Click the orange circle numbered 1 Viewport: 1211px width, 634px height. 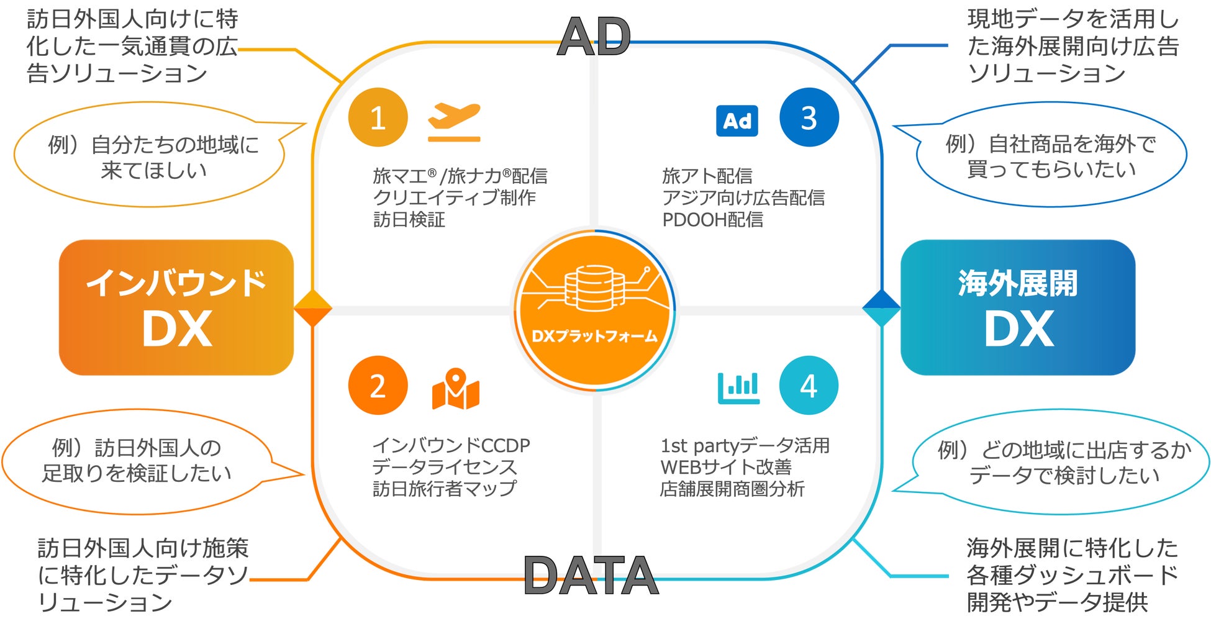(x=378, y=117)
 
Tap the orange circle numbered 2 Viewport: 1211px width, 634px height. (x=378, y=386)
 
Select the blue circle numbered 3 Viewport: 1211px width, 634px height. (x=809, y=117)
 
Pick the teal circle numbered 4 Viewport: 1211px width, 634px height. (x=809, y=386)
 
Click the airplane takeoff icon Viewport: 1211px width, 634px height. (x=454, y=121)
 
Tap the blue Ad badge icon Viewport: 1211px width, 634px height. (x=737, y=121)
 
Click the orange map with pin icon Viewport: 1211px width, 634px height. (x=455, y=389)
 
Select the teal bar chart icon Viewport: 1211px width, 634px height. (x=738, y=387)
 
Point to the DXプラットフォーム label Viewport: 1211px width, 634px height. (x=594, y=337)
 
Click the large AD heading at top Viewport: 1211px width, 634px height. (x=594, y=37)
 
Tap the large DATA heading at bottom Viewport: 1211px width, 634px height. (x=591, y=576)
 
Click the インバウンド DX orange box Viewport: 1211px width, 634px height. (x=176, y=307)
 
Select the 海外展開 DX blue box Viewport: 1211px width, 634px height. (x=1017, y=307)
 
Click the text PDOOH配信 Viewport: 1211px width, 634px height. (x=712, y=220)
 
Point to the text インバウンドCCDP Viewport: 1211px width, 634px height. (x=451, y=445)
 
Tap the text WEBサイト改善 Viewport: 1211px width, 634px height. (x=725, y=467)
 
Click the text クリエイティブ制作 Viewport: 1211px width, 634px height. (x=454, y=198)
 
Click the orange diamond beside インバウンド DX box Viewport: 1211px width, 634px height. (x=312, y=308)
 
